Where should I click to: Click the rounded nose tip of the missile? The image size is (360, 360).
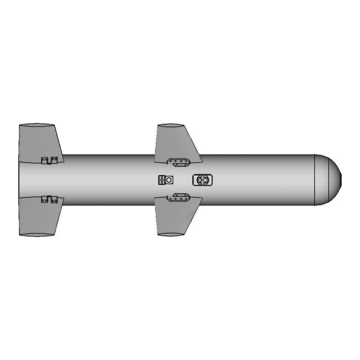[339, 179]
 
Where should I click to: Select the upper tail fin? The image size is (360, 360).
[39, 141]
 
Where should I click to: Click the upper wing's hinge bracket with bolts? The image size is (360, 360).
[180, 163]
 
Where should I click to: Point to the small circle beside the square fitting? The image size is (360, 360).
[169, 180]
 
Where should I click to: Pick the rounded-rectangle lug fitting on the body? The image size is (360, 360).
[202, 180]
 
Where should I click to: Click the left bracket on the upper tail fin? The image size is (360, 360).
[45, 160]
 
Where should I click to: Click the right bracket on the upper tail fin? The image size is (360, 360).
[55, 160]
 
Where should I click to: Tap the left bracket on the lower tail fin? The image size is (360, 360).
[45, 199]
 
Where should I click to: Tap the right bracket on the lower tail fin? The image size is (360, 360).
[55, 199]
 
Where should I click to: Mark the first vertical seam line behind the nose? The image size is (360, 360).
[314, 179]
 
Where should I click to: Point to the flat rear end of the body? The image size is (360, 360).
[20, 179]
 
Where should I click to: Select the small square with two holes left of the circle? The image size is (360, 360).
[161, 180]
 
